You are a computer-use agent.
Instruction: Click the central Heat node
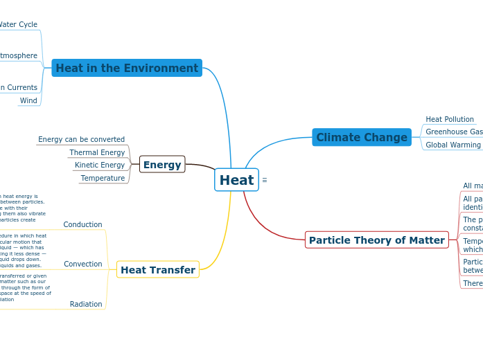point(236,180)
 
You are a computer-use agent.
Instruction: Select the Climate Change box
point(362,137)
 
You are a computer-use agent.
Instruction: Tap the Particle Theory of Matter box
point(376,240)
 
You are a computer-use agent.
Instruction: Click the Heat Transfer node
point(158,269)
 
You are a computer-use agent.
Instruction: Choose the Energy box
point(162,165)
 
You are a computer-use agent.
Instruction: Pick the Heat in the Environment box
point(127,68)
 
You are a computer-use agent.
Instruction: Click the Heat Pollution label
point(450,119)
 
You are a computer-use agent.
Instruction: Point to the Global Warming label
point(453,145)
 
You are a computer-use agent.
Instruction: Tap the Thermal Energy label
point(97,152)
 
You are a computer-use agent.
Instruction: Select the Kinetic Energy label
point(100,165)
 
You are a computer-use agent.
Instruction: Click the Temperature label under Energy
point(103,178)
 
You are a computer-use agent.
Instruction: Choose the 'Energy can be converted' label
point(81,139)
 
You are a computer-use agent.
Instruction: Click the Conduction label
point(82,224)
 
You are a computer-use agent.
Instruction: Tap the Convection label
point(82,264)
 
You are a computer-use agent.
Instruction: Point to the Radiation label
point(86,304)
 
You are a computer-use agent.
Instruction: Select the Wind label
point(28,100)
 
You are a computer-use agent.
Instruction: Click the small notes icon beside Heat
point(265,180)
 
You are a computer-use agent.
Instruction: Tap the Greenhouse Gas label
point(454,132)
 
